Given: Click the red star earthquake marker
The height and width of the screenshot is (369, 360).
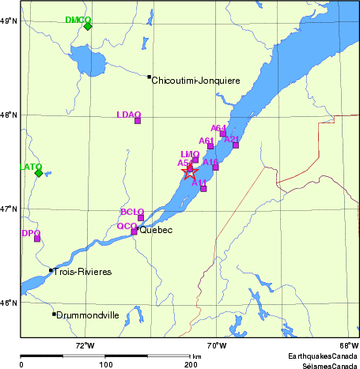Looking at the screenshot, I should click(x=189, y=171).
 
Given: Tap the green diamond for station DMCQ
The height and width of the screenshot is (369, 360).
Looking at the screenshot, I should click(x=88, y=26).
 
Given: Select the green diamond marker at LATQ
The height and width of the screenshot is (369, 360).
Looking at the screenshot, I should click(x=38, y=173).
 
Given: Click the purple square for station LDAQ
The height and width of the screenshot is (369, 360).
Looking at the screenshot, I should click(x=138, y=121).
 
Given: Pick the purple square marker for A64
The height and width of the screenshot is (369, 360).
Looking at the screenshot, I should click(x=223, y=134).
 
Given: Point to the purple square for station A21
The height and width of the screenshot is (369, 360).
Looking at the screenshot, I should click(x=236, y=145).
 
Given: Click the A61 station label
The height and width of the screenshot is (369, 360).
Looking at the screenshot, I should click(x=207, y=140).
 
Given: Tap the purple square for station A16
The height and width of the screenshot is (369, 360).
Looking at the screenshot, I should click(x=215, y=168).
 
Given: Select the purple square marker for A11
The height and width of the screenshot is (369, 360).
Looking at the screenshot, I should click(x=203, y=188).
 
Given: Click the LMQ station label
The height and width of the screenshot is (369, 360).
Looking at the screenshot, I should click(x=189, y=154).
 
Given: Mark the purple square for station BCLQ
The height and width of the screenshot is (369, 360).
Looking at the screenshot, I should click(x=141, y=218).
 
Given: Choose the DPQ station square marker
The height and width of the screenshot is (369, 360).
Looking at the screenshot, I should click(x=37, y=239).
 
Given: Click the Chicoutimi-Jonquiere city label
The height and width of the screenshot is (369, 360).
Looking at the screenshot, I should click(x=195, y=80).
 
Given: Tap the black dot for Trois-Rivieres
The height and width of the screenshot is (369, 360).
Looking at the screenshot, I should click(x=51, y=270).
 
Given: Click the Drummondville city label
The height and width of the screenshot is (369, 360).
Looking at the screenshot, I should click(x=88, y=314).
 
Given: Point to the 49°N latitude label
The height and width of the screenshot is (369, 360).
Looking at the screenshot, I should click(x=9, y=21).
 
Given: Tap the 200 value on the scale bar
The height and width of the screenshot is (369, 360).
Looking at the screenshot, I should click(x=191, y=364).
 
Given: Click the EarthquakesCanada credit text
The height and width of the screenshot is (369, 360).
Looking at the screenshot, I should click(x=322, y=356).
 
